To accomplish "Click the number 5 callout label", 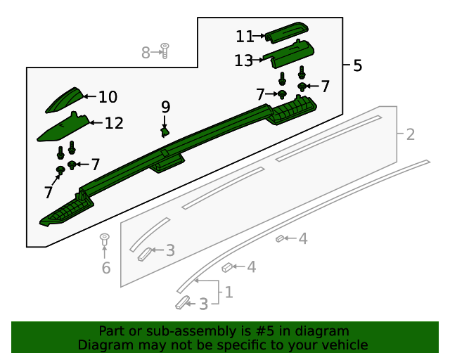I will coord(357,66).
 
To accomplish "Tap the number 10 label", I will coord(108,97).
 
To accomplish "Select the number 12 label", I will coord(114,124).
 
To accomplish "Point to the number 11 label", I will coord(245,36).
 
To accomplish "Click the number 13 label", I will coord(243,61).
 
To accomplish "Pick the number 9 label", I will coord(166,107).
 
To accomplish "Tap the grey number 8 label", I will coord(146,52).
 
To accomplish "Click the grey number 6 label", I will coord(106,268).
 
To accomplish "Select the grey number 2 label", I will coord(410,134).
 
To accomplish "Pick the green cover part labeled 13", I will coord(290,53).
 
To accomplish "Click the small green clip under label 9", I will coord(165,131).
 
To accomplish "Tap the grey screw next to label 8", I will coord(165,50).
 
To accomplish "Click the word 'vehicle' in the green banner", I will coord(344,345).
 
